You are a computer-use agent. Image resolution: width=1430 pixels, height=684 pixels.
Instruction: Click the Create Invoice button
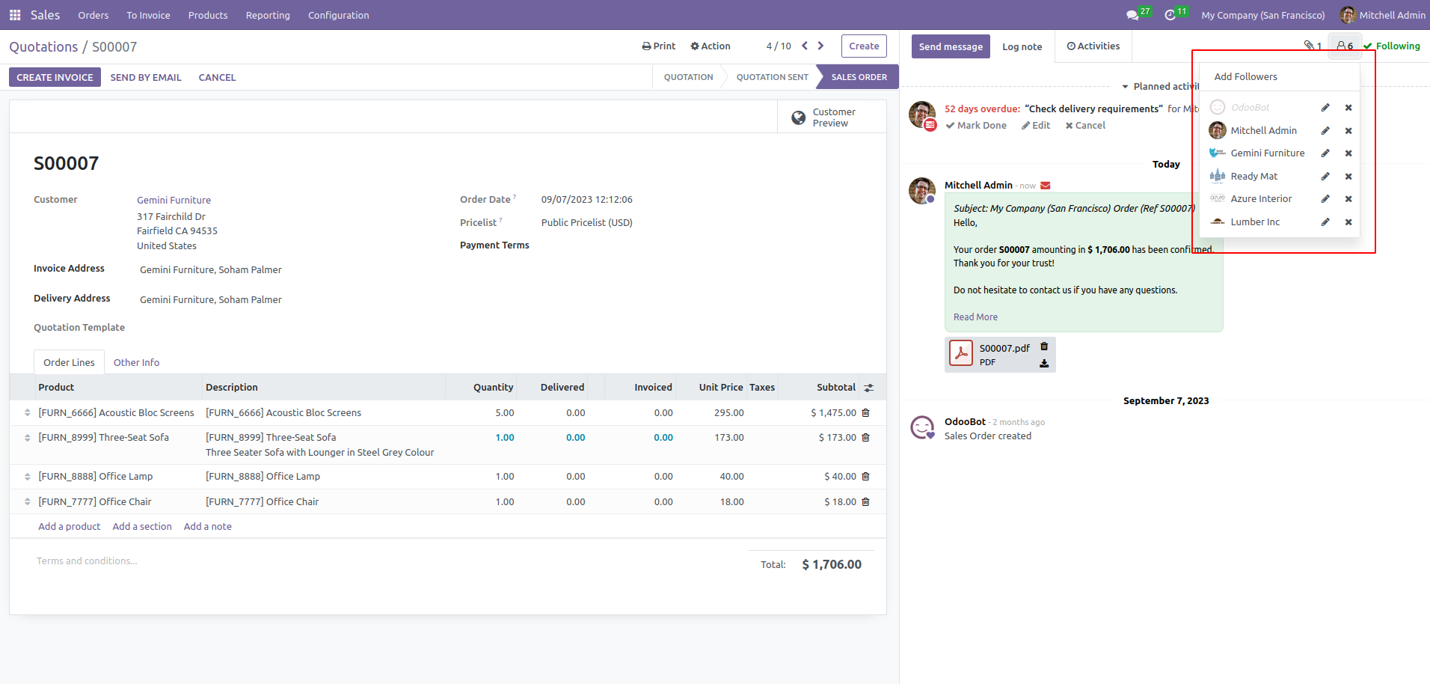pyautogui.click(x=55, y=77)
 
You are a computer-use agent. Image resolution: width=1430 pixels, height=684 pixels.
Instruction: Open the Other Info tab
pyautogui.click(x=136, y=362)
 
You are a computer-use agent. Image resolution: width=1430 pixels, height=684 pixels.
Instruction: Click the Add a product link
pyautogui.click(x=70, y=526)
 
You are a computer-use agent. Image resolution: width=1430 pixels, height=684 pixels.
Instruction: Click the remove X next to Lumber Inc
pyautogui.click(x=1348, y=222)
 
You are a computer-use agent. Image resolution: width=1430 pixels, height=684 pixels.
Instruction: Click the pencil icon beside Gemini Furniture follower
pyautogui.click(x=1325, y=153)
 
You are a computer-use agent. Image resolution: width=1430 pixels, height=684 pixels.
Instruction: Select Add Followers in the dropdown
pyautogui.click(x=1245, y=76)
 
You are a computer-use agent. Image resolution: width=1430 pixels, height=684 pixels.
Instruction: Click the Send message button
pyautogui.click(x=951, y=46)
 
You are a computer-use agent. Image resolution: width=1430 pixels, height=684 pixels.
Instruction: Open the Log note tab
pyautogui.click(x=1022, y=46)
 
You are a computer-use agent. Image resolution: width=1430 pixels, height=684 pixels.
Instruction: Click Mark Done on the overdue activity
pyautogui.click(x=976, y=126)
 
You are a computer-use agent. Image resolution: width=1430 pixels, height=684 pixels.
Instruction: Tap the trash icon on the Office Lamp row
pyautogui.click(x=865, y=477)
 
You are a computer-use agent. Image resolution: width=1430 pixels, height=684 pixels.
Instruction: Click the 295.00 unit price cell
pyautogui.click(x=728, y=412)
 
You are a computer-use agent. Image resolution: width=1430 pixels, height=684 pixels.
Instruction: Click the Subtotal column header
pyautogui.click(x=836, y=387)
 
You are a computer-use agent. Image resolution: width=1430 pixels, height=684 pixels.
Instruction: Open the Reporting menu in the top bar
pyautogui.click(x=268, y=15)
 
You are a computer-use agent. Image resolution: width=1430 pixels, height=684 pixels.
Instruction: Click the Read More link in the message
pyautogui.click(x=975, y=317)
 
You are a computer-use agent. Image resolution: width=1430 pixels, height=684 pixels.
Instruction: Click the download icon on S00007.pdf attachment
pyautogui.click(x=1044, y=364)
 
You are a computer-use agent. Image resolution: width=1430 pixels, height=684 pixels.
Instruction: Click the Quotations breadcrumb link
pyautogui.click(x=43, y=47)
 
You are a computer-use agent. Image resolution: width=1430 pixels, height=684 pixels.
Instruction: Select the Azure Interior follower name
pyautogui.click(x=1261, y=199)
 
